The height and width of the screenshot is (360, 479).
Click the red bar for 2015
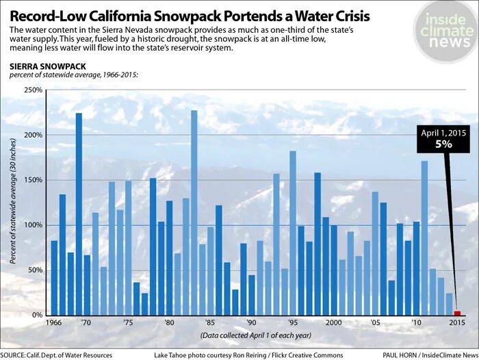coord(457,313)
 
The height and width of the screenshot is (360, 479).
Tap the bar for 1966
coord(54,277)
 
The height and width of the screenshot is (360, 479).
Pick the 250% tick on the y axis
coord(33,90)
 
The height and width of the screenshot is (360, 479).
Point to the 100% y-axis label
coord(33,225)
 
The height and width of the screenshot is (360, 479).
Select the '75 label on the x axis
coord(129,322)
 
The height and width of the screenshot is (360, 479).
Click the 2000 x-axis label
coord(333,322)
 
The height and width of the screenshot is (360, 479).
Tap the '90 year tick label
coord(252,322)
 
